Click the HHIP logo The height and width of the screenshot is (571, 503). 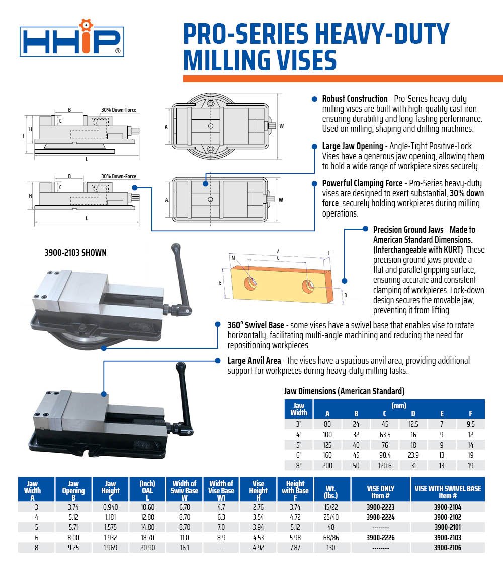click(x=72, y=41)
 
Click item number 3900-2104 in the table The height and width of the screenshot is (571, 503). click(x=447, y=507)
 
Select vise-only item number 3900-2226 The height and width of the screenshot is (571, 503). click(x=380, y=537)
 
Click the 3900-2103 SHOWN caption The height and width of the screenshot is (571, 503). click(x=75, y=253)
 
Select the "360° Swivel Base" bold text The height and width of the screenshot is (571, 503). click(x=256, y=325)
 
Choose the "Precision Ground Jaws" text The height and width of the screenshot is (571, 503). click(x=408, y=230)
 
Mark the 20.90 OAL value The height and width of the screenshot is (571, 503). click(x=147, y=547)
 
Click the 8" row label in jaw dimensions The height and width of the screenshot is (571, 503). click(x=299, y=466)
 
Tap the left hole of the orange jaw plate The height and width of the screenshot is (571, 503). click(x=249, y=282)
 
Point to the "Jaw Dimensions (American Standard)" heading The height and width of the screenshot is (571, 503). click(x=344, y=391)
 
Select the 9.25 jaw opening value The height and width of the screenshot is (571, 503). click(x=73, y=547)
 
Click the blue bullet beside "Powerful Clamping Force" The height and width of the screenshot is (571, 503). click(x=314, y=183)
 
